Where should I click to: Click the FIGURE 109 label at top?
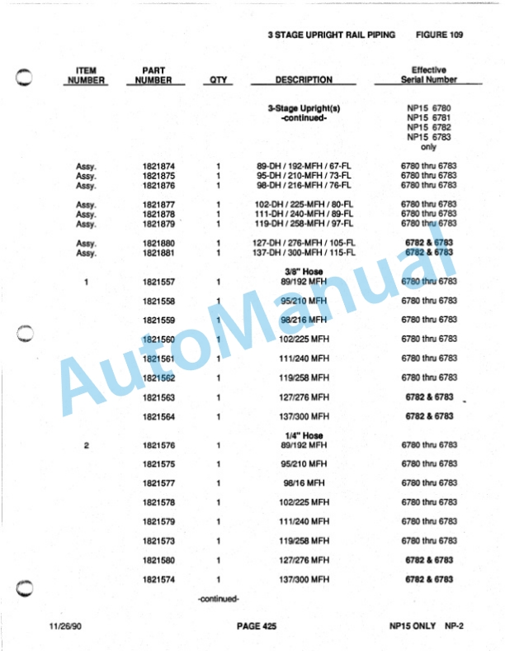click(x=439, y=35)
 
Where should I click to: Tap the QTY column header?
click(x=219, y=80)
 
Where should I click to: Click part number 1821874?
click(x=158, y=166)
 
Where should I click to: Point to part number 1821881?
click(x=158, y=253)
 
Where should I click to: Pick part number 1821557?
click(x=158, y=282)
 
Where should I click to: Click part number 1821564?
click(x=158, y=416)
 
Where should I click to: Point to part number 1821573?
click(x=158, y=541)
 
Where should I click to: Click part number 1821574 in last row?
click(x=158, y=580)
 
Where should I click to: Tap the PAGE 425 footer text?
click(x=256, y=627)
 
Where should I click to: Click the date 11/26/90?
click(x=65, y=627)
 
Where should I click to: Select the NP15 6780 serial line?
click(x=428, y=108)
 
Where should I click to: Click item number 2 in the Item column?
click(x=87, y=445)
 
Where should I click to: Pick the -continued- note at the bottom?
click(x=219, y=598)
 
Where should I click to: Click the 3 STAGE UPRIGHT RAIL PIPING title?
click(x=331, y=35)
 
